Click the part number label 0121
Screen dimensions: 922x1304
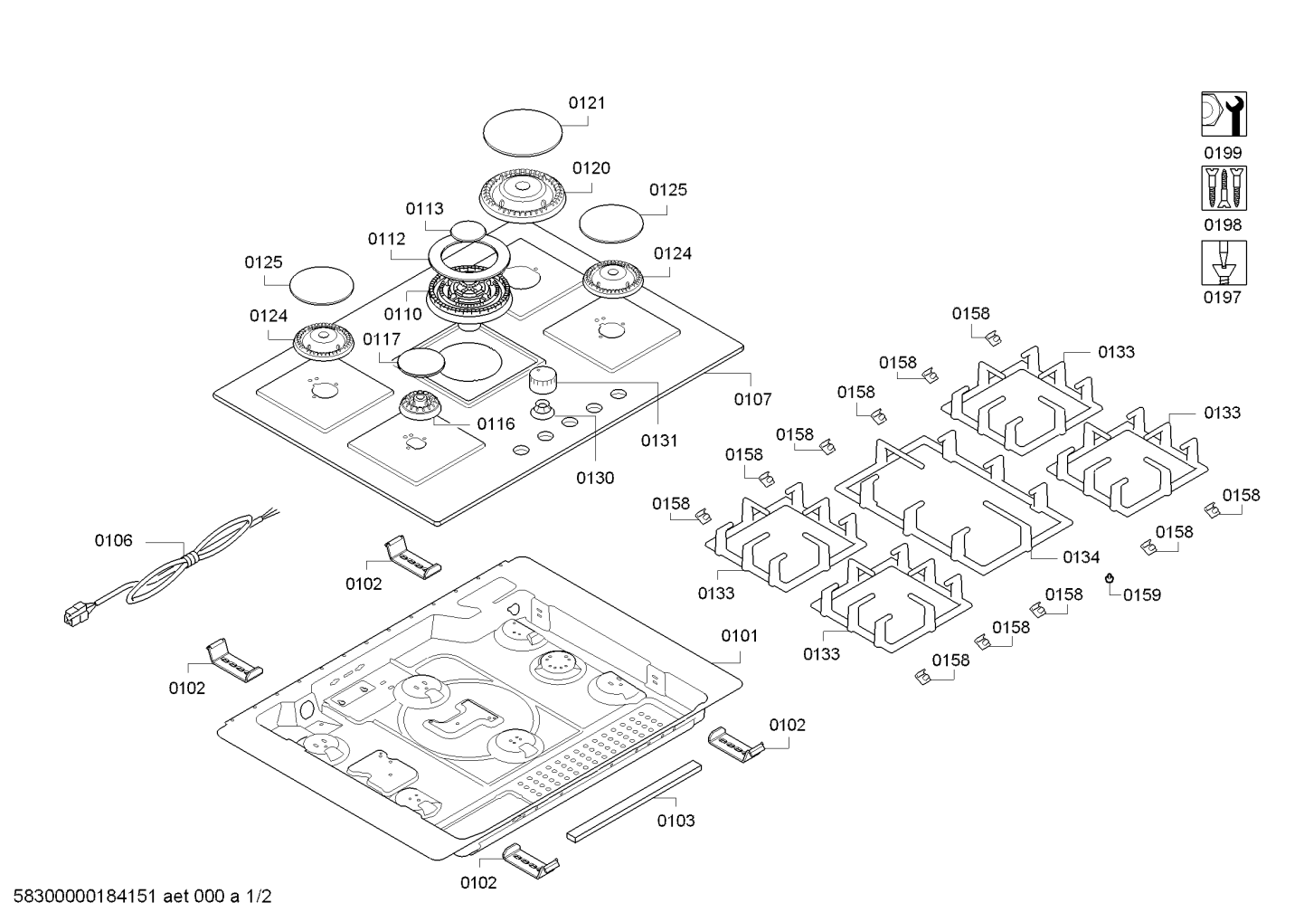pyautogui.click(x=587, y=103)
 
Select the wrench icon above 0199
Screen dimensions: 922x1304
pyautogui.click(x=1224, y=114)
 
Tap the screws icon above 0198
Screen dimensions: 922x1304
pyautogui.click(x=1224, y=188)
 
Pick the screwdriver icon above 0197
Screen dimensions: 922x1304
pyautogui.click(x=1224, y=262)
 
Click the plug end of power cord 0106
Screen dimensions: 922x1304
pyautogui.click(x=72, y=615)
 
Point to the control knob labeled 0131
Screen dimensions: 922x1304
pyautogui.click(x=544, y=380)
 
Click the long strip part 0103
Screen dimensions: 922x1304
pyautogui.click(x=633, y=801)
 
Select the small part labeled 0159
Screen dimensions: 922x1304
pyautogui.click(x=1110, y=578)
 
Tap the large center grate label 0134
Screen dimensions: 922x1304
pyautogui.click(x=1081, y=557)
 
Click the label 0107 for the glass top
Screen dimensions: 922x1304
pyautogui.click(x=752, y=398)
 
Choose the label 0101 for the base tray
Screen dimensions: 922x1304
pyautogui.click(x=740, y=636)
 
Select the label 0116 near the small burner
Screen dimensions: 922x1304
pyautogui.click(x=496, y=423)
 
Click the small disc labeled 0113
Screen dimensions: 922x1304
pyautogui.click(x=468, y=230)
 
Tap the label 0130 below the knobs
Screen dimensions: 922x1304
pyautogui.click(x=594, y=478)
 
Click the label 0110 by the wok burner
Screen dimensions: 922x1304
pyautogui.click(x=402, y=314)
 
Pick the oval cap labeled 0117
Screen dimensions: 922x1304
pyautogui.click(x=421, y=362)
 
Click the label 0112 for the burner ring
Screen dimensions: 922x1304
pyautogui.click(x=386, y=239)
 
